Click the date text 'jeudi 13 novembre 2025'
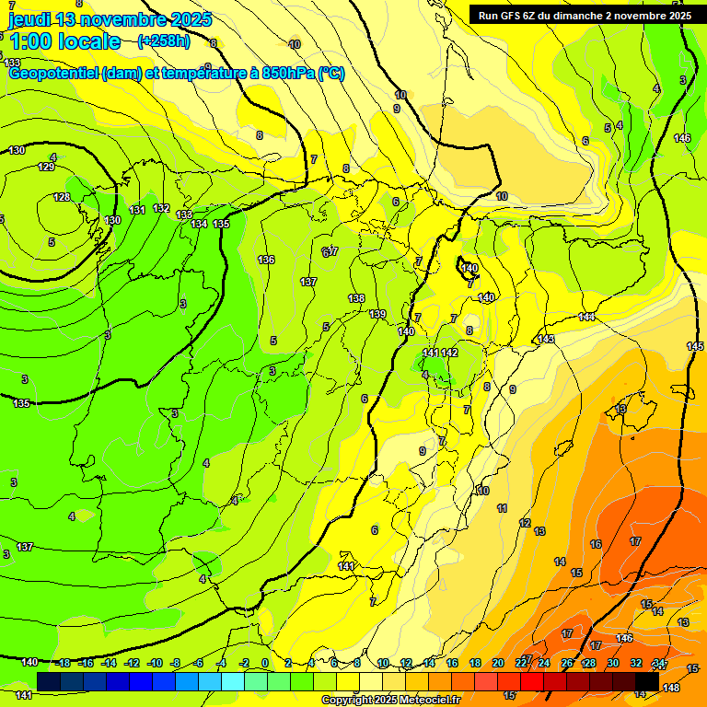pyautogui.click(x=110, y=19)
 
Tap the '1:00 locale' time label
pyautogui.click(x=64, y=41)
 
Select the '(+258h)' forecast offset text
pyautogui.click(x=164, y=41)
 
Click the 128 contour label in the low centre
pyautogui.click(x=61, y=197)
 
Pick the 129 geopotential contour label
pyautogui.click(x=46, y=167)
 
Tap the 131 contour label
pyautogui.click(x=137, y=211)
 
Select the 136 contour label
pyautogui.click(x=266, y=260)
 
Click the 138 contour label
pyautogui.click(x=356, y=298)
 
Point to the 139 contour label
pyautogui.click(x=377, y=315)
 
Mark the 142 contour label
pyautogui.click(x=449, y=353)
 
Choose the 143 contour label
pyautogui.click(x=546, y=340)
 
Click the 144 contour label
pyautogui.click(x=586, y=317)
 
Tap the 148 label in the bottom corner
pyautogui.click(x=671, y=689)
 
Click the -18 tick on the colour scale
pyautogui.click(x=64, y=663)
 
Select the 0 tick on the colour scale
pyautogui.click(x=264, y=663)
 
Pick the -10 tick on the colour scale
pyautogui.click(x=155, y=663)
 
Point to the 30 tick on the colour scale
pyautogui.click(x=612, y=663)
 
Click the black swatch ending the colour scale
pyautogui.click(x=646, y=681)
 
